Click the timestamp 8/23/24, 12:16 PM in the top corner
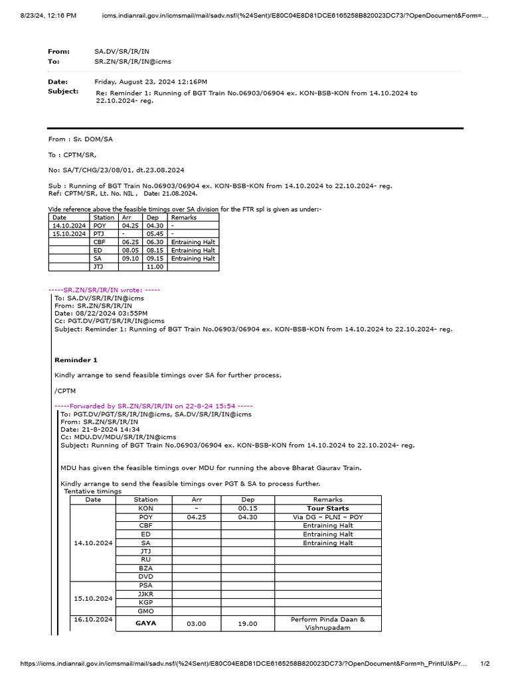click(x=39, y=15)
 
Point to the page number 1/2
click(x=485, y=663)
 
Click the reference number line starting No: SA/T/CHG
click(x=116, y=170)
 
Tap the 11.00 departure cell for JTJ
click(x=155, y=267)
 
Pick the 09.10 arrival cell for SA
click(x=129, y=259)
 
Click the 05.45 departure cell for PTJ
click(x=154, y=234)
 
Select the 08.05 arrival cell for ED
click(x=129, y=251)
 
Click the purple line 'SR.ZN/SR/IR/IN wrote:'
click(x=104, y=290)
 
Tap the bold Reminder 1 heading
click(x=76, y=360)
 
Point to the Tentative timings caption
click(x=92, y=491)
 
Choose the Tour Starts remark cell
click(x=327, y=509)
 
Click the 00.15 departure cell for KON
click(x=247, y=509)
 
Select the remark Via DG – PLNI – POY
click(x=327, y=517)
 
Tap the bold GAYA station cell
click(x=145, y=624)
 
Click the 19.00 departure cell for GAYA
click(x=247, y=624)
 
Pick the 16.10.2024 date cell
click(x=93, y=619)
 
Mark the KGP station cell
click(x=145, y=602)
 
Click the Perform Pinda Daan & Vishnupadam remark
click(x=327, y=623)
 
